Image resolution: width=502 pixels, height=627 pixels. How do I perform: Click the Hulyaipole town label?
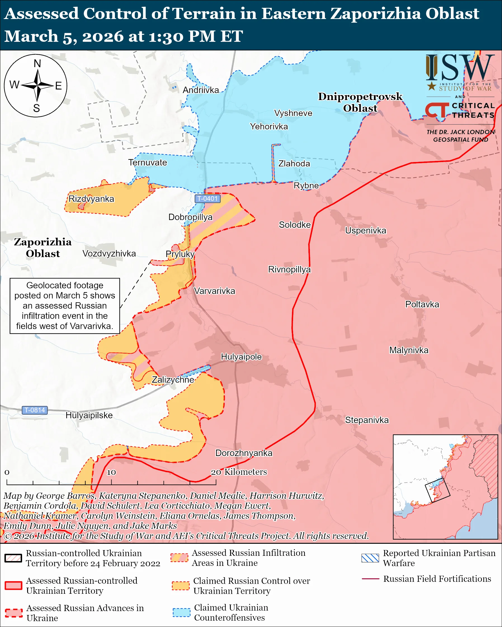pyautogui.click(x=241, y=357)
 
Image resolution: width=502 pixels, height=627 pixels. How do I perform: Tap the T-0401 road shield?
pyautogui.click(x=207, y=199)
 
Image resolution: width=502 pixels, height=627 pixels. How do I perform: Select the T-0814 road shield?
pyautogui.click(x=35, y=410)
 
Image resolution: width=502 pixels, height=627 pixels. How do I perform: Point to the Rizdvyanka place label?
pyautogui.click(x=91, y=199)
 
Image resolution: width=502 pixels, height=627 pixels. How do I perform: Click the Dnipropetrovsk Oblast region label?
pyautogui.click(x=360, y=102)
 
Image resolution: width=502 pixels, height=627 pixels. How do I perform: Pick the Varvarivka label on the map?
pyautogui.click(x=215, y=291)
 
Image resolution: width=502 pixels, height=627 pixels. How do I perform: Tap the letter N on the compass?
pyautogui.click(x=37, y=63)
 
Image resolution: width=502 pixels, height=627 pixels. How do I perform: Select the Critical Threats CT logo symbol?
pyautogui.click(x=437, y=110)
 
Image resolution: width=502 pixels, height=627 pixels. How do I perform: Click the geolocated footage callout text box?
pyautogui.click(x=65, y=306)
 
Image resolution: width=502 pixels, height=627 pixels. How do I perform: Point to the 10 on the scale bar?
pyautogui.click(x=111, y=472)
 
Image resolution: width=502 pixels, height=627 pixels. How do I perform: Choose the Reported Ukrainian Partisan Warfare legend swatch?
pyautogui.click(x=370, y=558)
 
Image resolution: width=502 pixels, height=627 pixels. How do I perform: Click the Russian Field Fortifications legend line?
pyautogui.click(x=370, y=579)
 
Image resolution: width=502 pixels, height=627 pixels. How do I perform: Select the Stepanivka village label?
pyautogui.click(x=367, y=420)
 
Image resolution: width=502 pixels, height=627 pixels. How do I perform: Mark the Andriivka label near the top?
pyautogui.click(x=201, y=90)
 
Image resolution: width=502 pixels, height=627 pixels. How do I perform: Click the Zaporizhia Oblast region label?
pyautogui.click(x=43, y=248)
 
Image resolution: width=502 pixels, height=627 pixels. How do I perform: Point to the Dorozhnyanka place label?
pyautogui.click(x=244, y=453)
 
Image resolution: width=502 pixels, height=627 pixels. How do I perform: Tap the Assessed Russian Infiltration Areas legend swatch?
pyautogui.click(x=179, y=558)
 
